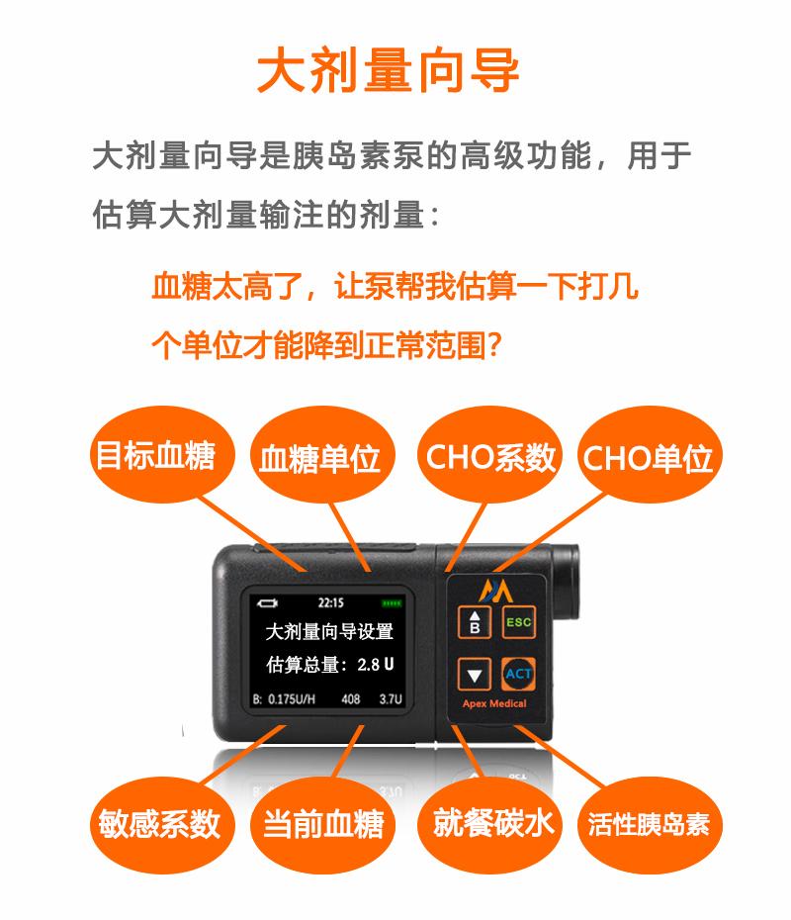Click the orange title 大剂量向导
389,70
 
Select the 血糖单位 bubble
320,457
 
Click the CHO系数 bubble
489,457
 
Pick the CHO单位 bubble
649,457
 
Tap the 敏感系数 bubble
160,823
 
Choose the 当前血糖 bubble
322,823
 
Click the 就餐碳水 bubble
490,823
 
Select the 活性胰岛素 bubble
649,823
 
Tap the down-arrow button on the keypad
474,674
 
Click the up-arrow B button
475,622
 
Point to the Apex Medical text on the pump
494,703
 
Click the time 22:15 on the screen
330,603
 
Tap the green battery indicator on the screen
392,603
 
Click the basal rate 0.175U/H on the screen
292,698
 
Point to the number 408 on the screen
351,698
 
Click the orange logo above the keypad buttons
495,591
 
